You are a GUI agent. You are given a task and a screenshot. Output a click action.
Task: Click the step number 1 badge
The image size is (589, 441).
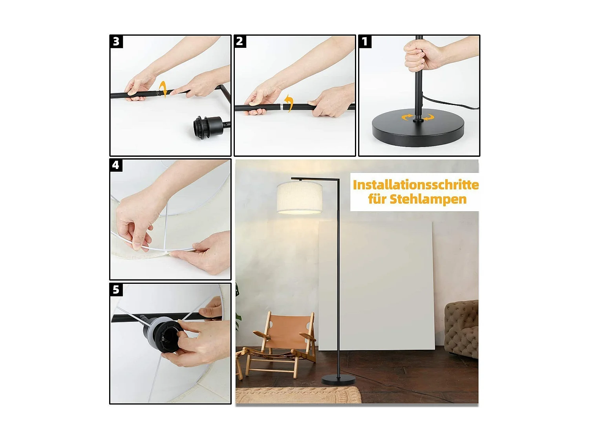point(365,41)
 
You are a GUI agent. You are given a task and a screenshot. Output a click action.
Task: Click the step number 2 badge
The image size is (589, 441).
point(240,41)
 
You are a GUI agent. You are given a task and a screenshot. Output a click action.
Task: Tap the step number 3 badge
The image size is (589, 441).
point(116,41)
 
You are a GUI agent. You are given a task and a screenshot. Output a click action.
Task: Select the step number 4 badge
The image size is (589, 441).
point(115,165)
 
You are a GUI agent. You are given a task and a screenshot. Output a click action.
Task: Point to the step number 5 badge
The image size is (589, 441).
point(116,290)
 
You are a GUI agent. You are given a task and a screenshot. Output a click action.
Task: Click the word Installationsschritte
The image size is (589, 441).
point(415,185)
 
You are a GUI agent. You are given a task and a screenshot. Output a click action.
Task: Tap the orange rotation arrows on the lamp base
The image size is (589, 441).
point(418,117)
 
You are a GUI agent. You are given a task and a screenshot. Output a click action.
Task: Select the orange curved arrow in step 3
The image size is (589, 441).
point(164,89)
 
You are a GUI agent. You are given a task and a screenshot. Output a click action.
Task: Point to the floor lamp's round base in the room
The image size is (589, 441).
point(338,379)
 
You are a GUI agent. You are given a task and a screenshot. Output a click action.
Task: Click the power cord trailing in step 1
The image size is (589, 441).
point(452,103)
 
